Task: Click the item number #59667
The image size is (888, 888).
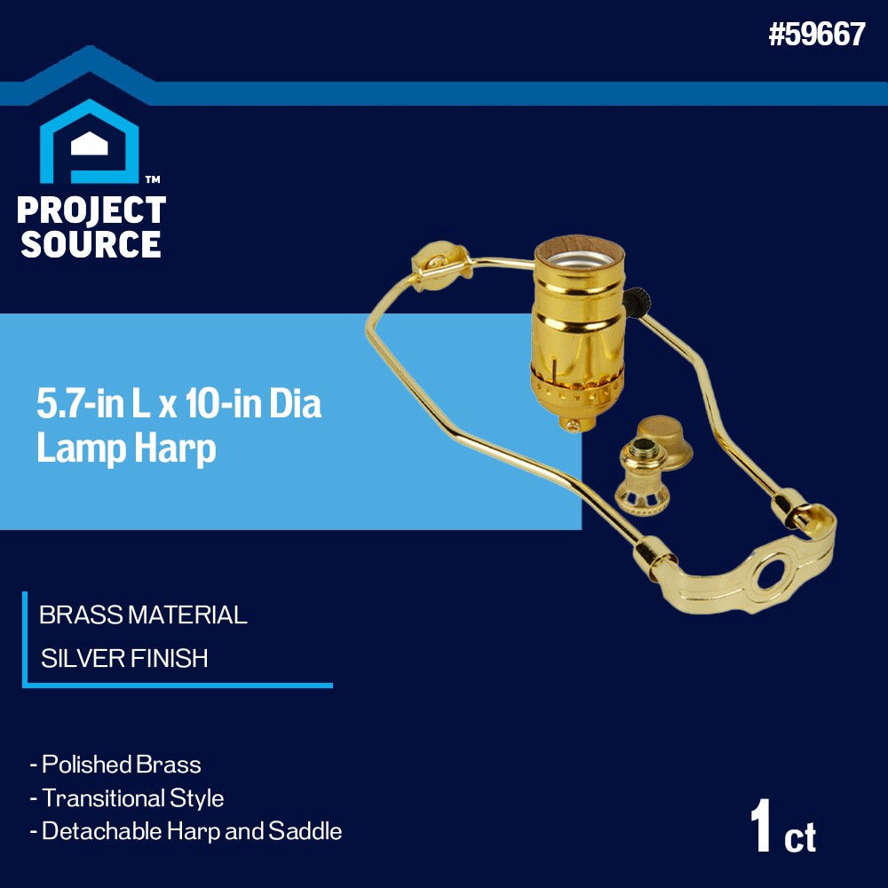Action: point(816,35)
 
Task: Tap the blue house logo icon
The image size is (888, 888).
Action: point(90,142)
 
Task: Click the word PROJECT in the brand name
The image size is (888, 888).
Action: point(91,210)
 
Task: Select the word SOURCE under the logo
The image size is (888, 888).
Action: point(91,243)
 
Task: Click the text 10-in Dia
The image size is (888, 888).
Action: point(253,405)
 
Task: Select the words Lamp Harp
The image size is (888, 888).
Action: point(126,448)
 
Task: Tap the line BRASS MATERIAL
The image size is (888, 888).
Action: point(143,614)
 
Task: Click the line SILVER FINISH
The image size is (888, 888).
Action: point(124,658)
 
